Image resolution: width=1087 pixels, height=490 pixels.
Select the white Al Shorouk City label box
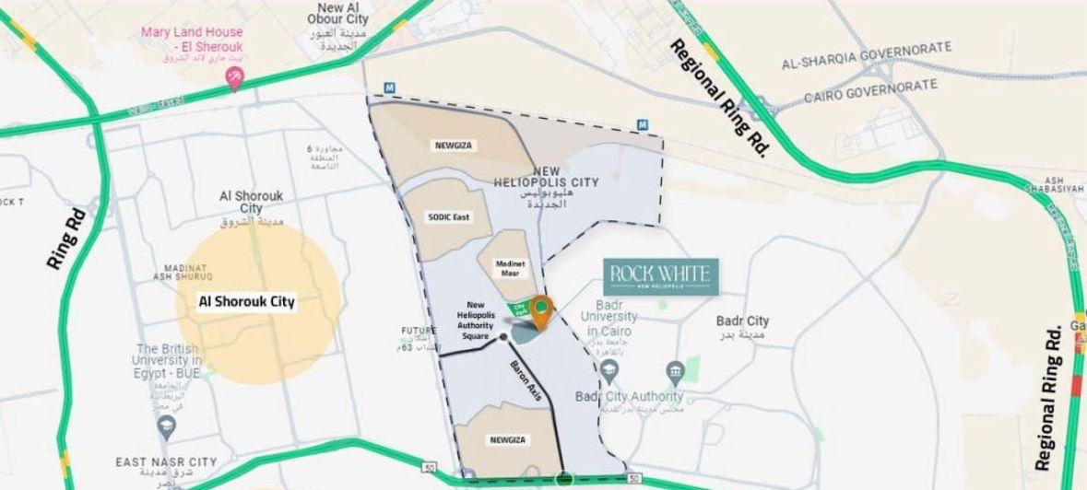248,301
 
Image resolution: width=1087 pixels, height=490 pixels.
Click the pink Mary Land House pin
235,82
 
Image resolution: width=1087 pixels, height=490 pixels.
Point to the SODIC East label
449,216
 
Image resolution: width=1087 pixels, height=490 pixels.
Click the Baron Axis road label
528,379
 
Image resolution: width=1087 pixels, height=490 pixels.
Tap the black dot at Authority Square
502,338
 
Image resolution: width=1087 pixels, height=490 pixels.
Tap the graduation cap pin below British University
167,425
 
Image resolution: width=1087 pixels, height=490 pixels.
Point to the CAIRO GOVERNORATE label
870,90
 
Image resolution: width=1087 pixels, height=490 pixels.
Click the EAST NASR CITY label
166,461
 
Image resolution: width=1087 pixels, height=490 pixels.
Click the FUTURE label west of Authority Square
418,330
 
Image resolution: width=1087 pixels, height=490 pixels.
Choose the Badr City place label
742,321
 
